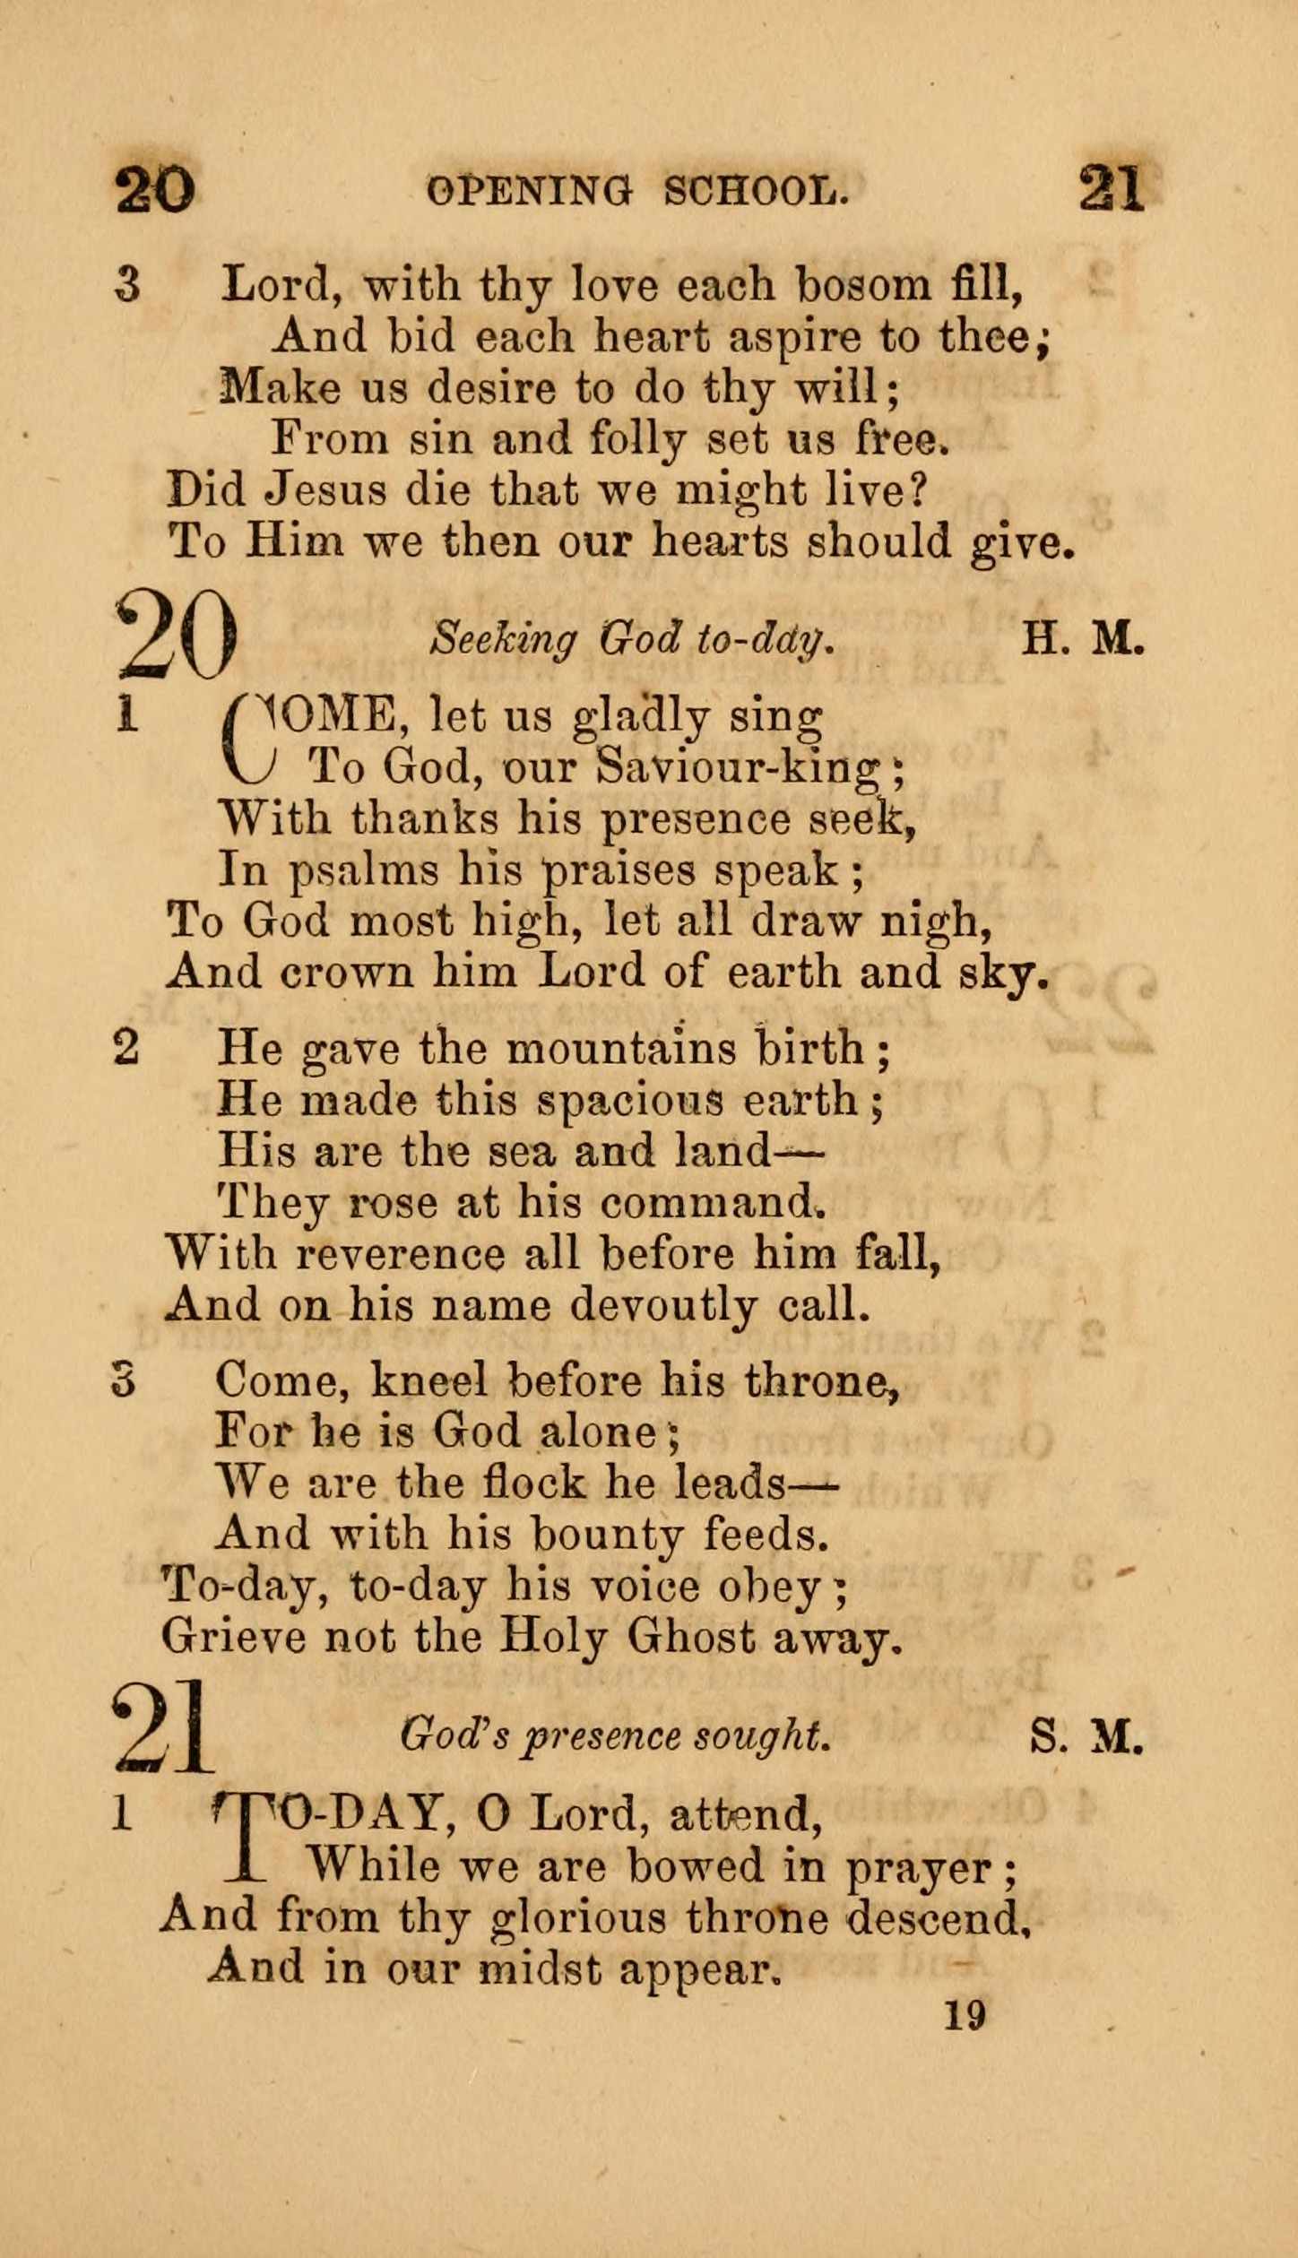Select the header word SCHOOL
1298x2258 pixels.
(x=756, y=191)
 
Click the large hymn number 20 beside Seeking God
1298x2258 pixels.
(x=177, y=635)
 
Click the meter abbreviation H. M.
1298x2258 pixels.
(x=1084, y=639)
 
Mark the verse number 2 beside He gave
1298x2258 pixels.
(x=125, y=1048)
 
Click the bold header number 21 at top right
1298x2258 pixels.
(x=1112, y=189)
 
